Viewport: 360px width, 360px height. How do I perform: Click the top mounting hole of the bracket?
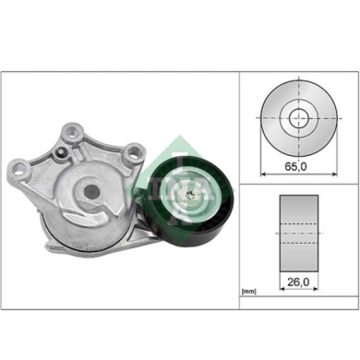click(x=71, y=129)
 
